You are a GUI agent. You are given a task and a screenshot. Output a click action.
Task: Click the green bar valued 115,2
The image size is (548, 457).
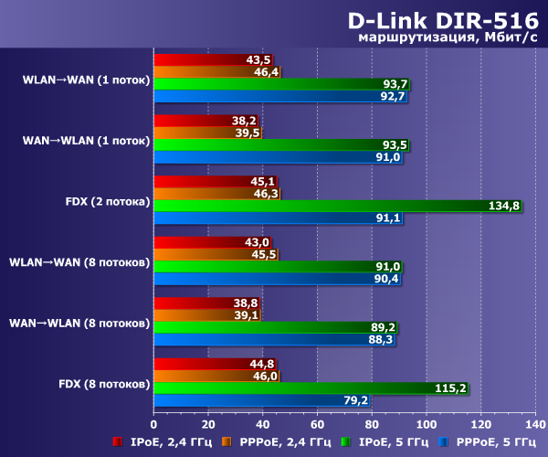click(311, 388)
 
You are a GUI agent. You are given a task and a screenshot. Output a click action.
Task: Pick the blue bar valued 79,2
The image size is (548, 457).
click(265, 399)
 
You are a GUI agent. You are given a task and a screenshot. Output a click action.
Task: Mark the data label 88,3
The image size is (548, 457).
click(381, 339)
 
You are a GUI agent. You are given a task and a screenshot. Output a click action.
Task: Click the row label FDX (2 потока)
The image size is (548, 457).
click(102, 200)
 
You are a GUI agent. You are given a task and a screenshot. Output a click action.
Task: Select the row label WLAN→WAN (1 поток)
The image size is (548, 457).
click(87, 79)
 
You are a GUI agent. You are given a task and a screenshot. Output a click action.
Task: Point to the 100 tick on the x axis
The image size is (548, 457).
click(427, 424)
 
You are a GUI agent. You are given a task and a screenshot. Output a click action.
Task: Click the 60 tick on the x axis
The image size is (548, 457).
click(317, 424)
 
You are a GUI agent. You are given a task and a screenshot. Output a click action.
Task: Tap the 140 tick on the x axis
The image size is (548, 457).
click(535, 424)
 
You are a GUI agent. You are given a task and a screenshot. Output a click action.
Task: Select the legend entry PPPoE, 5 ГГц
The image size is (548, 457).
click(490, 442)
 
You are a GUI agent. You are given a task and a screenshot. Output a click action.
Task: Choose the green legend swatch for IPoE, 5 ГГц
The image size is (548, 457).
click(346, 442)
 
